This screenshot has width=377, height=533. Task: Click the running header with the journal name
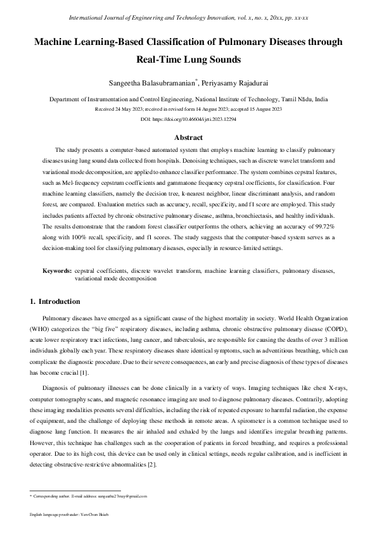click(x=188, y=18)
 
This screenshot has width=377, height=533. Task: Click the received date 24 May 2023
click(x=135, y=109)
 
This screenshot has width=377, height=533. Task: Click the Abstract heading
click(x=188, y=137)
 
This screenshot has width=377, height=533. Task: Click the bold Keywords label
click(x=56, y=270)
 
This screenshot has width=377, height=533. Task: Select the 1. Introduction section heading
click(x=55, y=301)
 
